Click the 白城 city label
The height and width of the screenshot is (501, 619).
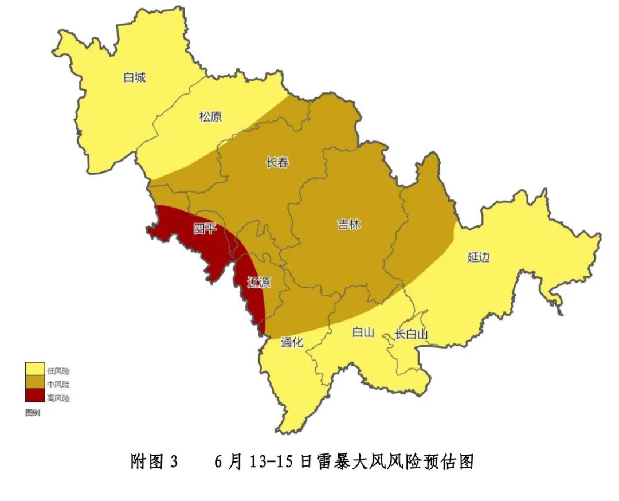pyautogui.click(x=135, y=77)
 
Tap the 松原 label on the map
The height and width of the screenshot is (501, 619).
pyautogui.click(x=210, y=117)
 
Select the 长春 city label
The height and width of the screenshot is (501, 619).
pyautogui.click(x=277, y=162)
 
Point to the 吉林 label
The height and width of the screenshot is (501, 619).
pyautogui.click(x=349, y=225)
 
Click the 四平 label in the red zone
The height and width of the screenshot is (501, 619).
pyautogui.click(x=205, y=229)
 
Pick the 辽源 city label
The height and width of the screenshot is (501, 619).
pyautogui.click(x=259, y=282)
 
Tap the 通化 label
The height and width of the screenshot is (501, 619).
pyautogui.click(x=292, y=343)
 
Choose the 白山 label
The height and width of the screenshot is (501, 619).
pyautogui.click(x=363, y=332)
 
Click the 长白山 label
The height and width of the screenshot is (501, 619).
pyautogui.click(x=412, y=335)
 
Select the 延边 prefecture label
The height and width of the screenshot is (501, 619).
pyautogui.click(x=479, y=257)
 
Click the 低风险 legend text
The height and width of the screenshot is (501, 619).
pyautogui.click(x=58, y=371)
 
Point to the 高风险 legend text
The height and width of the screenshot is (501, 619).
pyautogui.click(x=58, y=398)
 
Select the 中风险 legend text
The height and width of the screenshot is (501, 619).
pyautogui.click(x=58, y=385)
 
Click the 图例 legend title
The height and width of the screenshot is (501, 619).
pyautogui.click(x=32, y=413)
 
